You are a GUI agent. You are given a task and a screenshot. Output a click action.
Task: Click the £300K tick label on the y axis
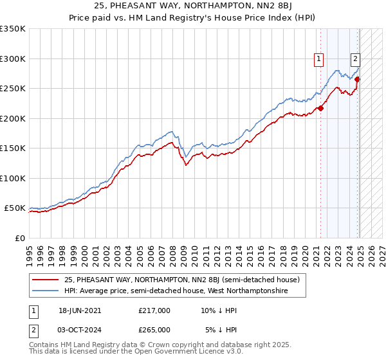(x=13, y=59)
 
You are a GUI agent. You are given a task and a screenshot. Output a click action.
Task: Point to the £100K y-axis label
(x=13, y=178)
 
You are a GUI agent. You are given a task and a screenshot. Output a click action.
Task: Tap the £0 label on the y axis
(x=19, y=238)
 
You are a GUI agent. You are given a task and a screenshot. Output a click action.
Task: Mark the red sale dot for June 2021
(x=320, y=108)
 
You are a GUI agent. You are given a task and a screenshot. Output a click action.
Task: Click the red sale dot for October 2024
(x=357, y=80)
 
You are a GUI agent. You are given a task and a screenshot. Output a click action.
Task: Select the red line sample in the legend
(x=46, y=280)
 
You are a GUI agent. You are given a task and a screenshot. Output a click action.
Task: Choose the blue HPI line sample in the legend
(x=46, y=291)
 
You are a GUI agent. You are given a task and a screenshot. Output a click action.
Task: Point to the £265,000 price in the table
(x=154, y=330)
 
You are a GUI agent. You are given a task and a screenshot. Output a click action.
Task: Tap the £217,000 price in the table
(x=154, y=310)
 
